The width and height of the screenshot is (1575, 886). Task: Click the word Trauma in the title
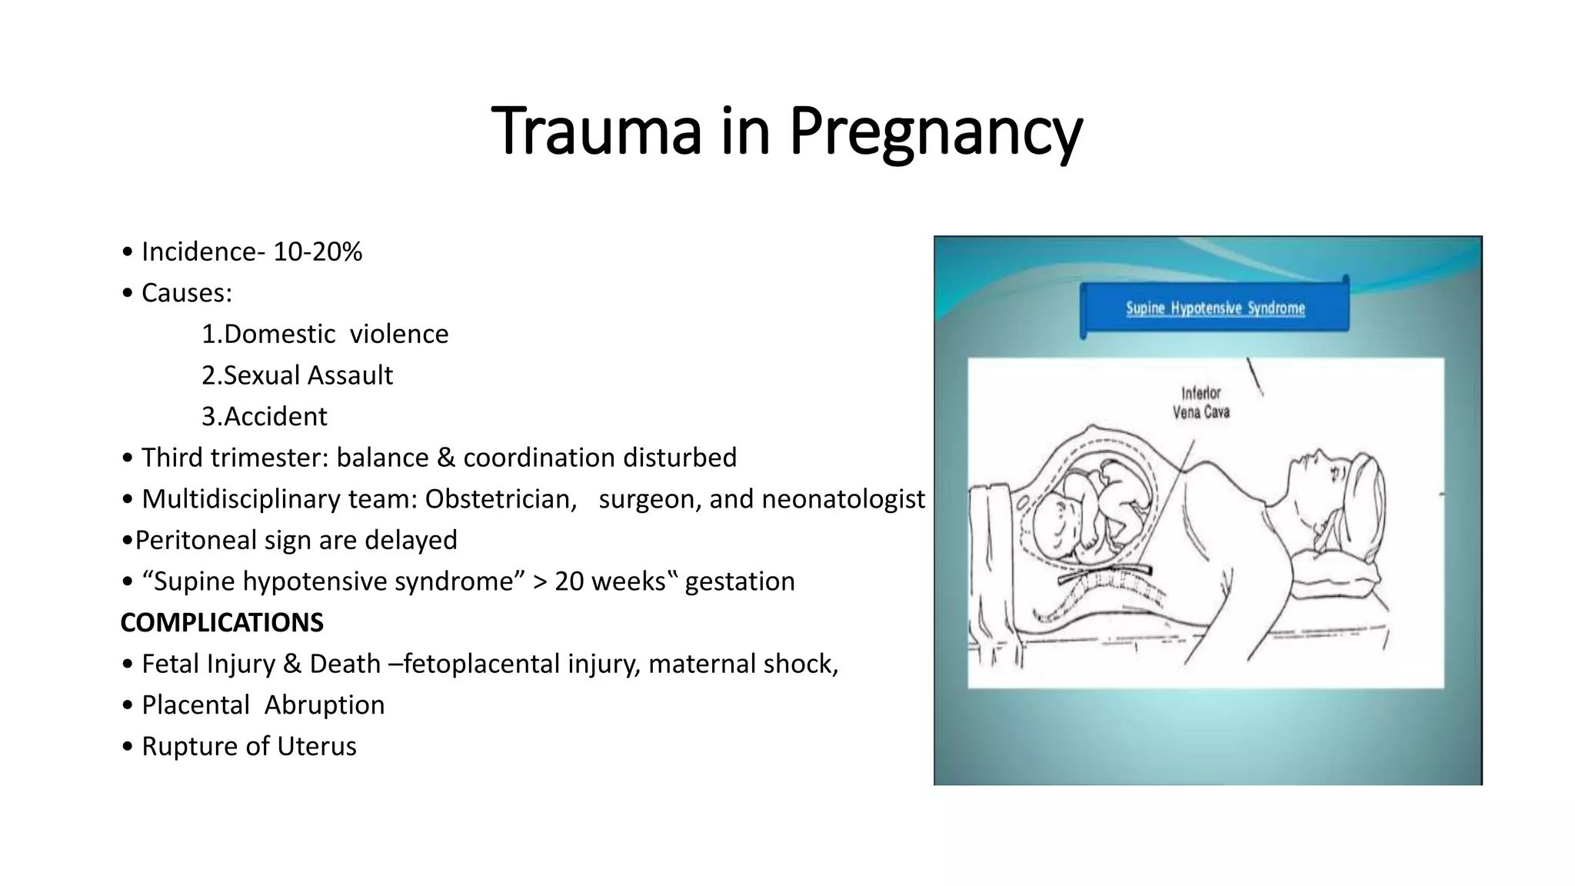(x=596, y=131)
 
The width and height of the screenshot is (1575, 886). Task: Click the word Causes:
(x=187, y=293)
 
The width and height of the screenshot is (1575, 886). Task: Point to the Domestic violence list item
(x=325, y=334)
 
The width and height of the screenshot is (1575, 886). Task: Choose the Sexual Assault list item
(x=297, y=375)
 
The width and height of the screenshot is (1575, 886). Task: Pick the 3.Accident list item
(x=264, y=416)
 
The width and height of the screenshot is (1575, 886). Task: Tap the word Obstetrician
(x=501, y=499)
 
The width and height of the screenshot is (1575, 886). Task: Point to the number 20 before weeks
(x=570, y=581)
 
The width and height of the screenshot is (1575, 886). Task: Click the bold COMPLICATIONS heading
(x=221, y=622)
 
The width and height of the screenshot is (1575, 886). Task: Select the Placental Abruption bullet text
(x=263, y=705)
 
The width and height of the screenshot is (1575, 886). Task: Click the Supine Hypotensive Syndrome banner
(x=1214, y=308)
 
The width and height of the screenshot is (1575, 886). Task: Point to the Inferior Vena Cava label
(x=1200, y=403)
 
